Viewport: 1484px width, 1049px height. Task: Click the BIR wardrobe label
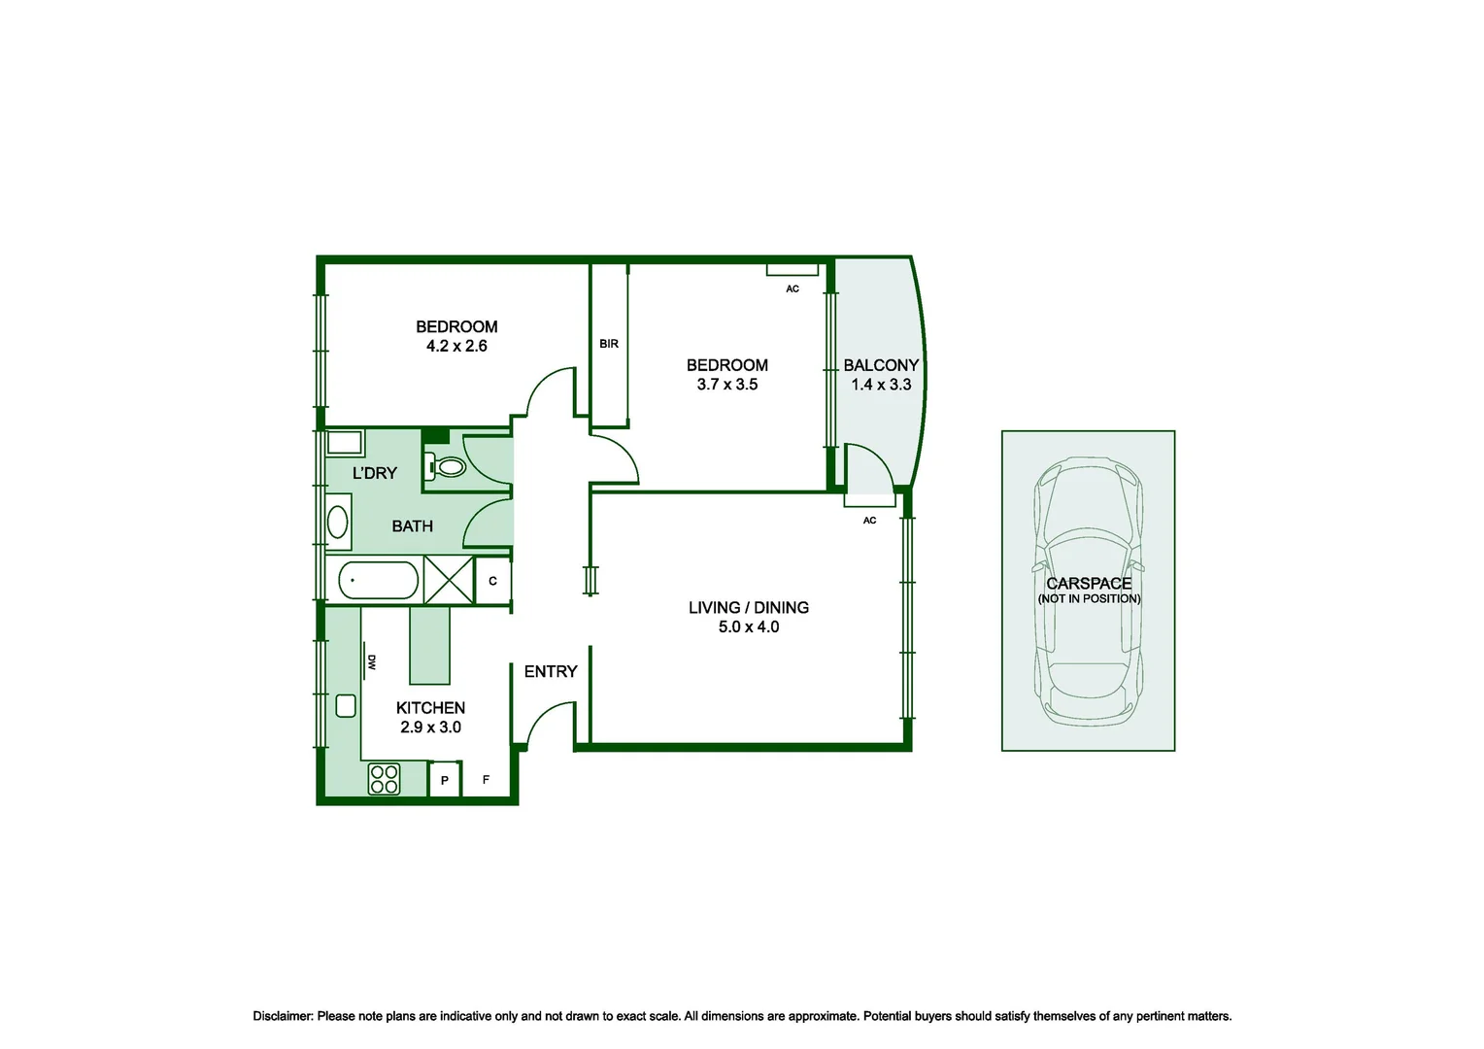coord(609,344)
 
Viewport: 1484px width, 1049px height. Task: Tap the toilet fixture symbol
coord(448,467)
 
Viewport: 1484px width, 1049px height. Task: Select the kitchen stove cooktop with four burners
coord(384,779)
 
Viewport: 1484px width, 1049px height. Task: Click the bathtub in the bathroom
coord(378,582)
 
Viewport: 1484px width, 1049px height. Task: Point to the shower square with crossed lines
coord(449,581)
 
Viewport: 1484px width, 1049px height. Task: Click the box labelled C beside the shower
coord(492,581)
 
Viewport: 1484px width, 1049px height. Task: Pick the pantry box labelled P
coord(445,780)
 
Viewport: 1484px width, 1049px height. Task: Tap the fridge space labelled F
coord(487,780)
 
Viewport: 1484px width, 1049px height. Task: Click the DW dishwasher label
coord(372,662)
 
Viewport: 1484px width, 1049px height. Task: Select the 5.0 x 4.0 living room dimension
coord(748,627)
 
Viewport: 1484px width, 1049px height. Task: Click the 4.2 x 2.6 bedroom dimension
coord(456,346)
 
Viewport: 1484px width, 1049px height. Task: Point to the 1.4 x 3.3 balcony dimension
coord(881,385)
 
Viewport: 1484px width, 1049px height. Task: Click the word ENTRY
coord(551,671)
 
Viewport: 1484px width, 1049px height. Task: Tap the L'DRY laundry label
coord(374,473)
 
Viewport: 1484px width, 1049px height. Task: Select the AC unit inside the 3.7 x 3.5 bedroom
coord(793,269)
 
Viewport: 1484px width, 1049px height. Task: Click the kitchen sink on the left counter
coord(346,706)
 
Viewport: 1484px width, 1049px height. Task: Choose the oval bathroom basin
coord(337,522)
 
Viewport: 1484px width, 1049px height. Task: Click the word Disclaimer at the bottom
coord(283,1016)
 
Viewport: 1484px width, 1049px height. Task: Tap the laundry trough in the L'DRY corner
coord(344,444)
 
